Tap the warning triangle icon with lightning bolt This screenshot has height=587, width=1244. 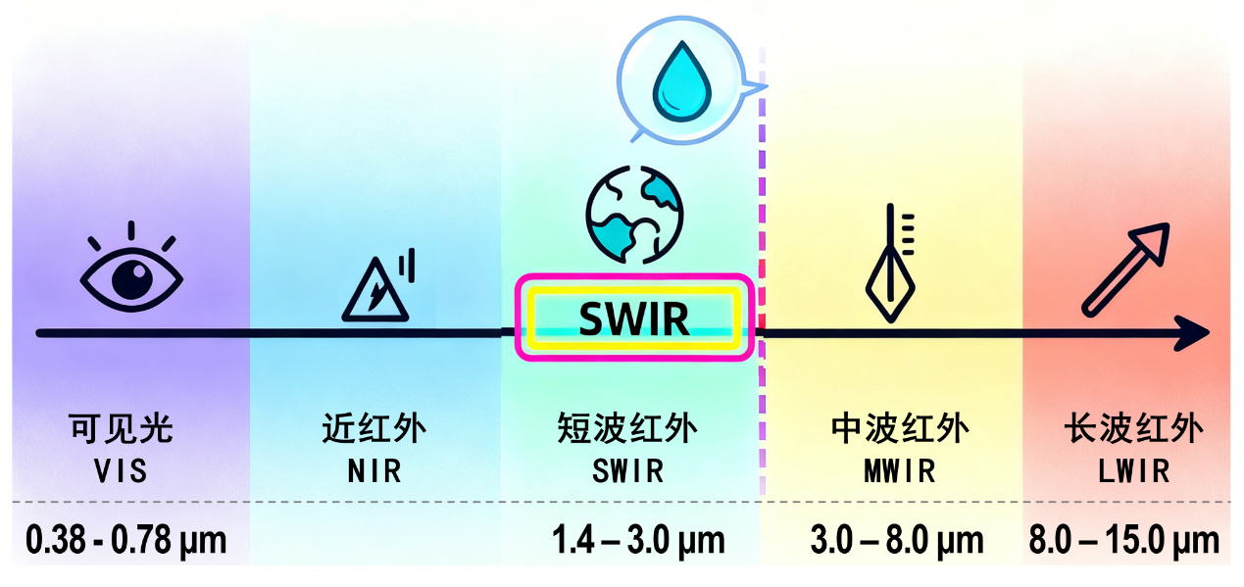375,290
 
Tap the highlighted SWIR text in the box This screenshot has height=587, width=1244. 633,318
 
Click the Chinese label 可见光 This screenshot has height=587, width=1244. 121,429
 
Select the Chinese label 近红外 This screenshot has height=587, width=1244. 374,429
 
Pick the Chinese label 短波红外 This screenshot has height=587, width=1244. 627,429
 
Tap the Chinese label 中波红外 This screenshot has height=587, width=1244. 899,429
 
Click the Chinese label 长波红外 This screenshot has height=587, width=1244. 1132,429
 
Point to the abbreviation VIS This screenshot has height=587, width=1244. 121,471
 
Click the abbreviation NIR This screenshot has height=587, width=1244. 374,471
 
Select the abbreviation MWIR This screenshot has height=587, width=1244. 899,471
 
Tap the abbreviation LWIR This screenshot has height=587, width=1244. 1133,471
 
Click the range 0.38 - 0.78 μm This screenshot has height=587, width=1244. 125,540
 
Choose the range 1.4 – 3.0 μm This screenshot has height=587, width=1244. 638,540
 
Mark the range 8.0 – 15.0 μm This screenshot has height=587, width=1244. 1123,540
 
